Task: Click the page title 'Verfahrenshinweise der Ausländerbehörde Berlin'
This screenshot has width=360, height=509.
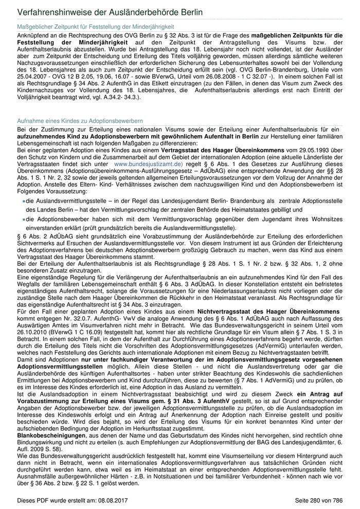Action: tap(110, 12)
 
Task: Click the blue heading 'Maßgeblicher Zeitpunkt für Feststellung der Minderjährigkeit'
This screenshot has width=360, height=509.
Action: tap(95, 26)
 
